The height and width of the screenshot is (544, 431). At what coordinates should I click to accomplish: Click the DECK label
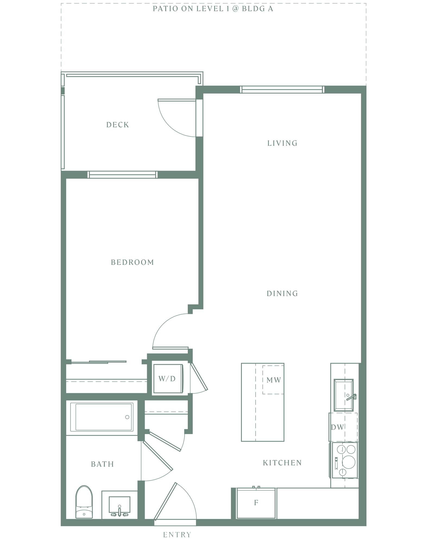pyautogui.click(x=118, y=125)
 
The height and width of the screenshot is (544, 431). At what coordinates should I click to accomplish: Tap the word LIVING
pyautogui.click(x=282, y=143)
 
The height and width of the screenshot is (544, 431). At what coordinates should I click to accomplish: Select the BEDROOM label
pyautogui.click(x=132, y=262)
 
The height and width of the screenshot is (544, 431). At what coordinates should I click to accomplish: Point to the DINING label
pyautogui.click(x=282, y=294)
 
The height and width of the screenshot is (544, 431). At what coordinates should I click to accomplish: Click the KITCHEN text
pyautogui.click(x=282, y=463)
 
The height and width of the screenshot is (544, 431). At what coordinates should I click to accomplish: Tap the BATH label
pyautogui.click(x=102, y=464)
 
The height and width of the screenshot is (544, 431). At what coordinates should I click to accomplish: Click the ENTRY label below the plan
pyautogui.click(x=177, y=535)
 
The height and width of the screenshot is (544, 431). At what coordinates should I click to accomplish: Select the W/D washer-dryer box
pyautogui.click(x=168, y=378)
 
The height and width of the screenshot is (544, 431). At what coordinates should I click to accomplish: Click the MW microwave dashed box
pyautogui.click(x=273, y=380)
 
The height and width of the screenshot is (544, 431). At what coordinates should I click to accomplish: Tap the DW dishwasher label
pyautogui.click(x=337, y=427)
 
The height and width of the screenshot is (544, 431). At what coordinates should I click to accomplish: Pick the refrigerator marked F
pyautogui.click(x=256, y=503)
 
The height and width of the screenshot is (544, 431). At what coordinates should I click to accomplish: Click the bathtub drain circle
pyautogui.click(x=127, y=417)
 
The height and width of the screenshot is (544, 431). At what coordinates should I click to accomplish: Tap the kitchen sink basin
pyautogui.click(x=344, y=395)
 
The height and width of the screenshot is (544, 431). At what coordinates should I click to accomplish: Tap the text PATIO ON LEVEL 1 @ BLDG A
pyautogui.click(x=213, y=9)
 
